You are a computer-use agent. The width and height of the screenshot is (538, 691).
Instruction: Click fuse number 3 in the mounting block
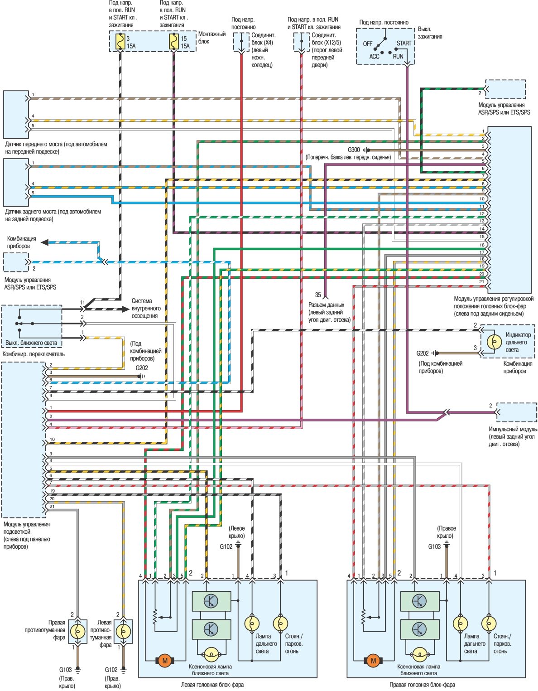pyautogui.click(x=120, y=42)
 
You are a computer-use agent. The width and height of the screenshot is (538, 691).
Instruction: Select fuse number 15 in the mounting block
pyautogui.click(x=173, y=42)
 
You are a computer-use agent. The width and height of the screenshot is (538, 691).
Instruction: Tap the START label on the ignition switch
pyautogui.click(x=403, y=43)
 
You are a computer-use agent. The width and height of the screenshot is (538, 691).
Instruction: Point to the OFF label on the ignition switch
pyautogui.click(x=368, y=44)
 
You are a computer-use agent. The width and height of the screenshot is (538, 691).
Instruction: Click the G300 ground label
pyautogui.click(x=354, y=150)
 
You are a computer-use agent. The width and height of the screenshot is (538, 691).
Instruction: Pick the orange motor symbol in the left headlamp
pyautogui.click(x=165, y=661)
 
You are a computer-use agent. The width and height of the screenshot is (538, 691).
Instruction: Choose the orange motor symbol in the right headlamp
pyautogui.click(x=374, y=661)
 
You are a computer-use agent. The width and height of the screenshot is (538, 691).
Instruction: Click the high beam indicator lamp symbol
pyautogui.click(x=494, y=342)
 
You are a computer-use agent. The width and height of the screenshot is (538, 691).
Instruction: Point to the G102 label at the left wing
pyautogui.click(x=226, y=546)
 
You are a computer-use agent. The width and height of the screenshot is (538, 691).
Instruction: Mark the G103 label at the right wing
pyautogui.click(x=434, y=546)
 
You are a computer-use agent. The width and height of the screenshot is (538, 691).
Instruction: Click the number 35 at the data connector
pyautogui.click(x=318, y=295)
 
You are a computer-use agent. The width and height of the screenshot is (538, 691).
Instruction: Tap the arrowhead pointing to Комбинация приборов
pyautogui.click(x=45, y=242)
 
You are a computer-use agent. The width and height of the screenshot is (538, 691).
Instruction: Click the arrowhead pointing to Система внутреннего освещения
pyautogui.click(x=126, y=309)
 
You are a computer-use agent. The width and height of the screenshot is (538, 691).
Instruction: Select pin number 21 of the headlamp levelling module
pyautogui.click(x=482, y=282)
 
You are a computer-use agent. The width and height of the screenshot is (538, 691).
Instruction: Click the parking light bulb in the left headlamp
pyautogui.click(x=281, y=624)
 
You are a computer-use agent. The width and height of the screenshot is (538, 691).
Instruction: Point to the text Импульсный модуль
pyautogui.click(x=513, y=429)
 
